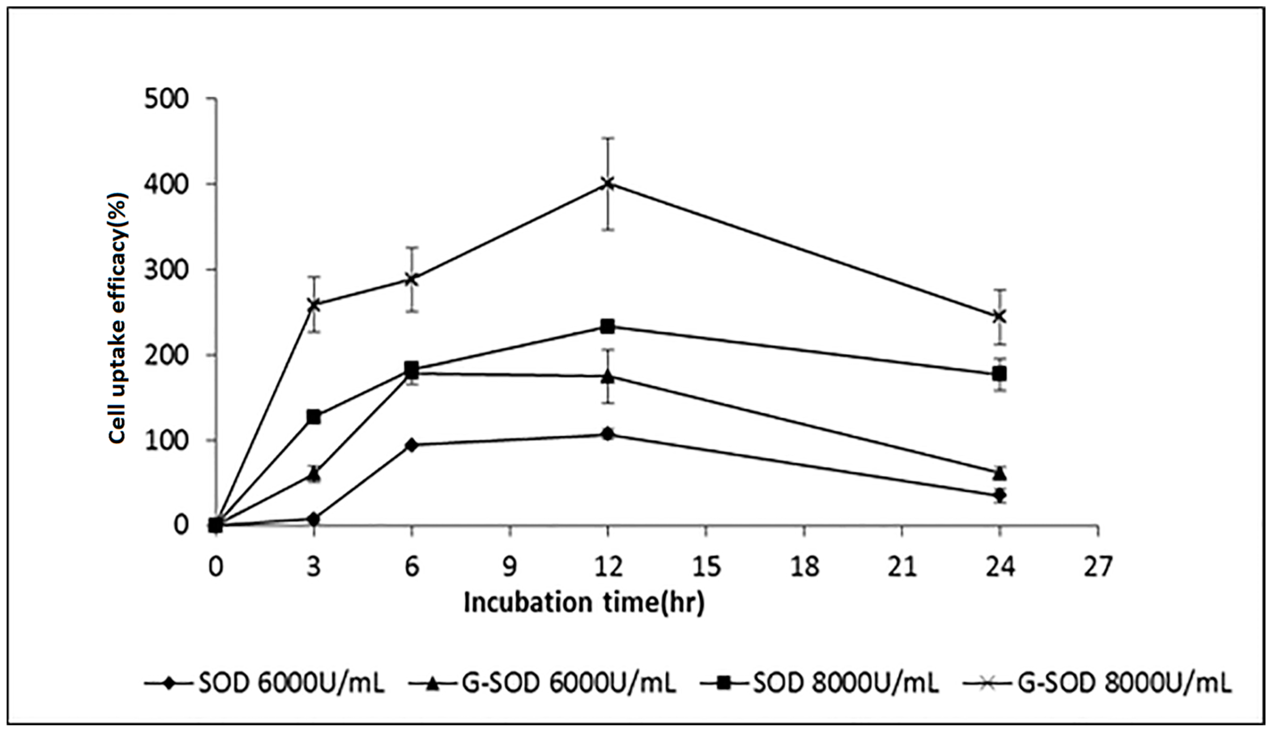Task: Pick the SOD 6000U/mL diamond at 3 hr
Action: [314, 518]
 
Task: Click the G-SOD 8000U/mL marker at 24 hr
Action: [999, 316]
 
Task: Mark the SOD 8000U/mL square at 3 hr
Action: [314, 417]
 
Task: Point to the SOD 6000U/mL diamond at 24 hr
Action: [999, 495]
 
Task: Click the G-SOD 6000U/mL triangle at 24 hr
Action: [999, 473]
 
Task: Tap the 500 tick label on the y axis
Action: [166, 100]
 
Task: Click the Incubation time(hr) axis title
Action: [583, 603]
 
